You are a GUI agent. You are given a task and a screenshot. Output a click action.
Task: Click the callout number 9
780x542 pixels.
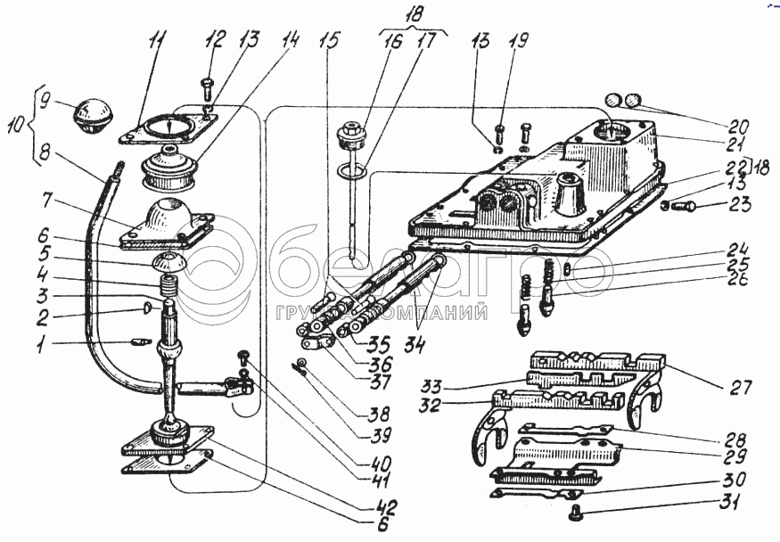tap(45, 103)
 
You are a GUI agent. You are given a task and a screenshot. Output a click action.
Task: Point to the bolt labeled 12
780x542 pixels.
tap(208, 88)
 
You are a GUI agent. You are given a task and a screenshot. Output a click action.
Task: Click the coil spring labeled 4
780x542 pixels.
tap(170, 285)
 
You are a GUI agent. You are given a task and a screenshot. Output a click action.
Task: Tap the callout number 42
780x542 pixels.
tap(387, 507)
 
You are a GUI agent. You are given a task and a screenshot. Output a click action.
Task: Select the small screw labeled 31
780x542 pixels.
tap(576, 511)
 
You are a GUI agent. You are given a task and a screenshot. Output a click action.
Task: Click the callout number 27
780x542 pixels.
tap(741, 387)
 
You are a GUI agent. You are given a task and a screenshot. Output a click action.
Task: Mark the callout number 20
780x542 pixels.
tap(738, 126)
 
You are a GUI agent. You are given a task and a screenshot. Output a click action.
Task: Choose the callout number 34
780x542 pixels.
tap(414, 344)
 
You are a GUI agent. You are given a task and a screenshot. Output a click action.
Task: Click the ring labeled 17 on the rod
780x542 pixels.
tap(353, 171)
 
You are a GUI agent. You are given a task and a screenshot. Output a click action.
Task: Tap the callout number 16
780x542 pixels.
tap(391, 42)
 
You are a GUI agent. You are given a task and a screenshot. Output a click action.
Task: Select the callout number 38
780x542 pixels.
tap(378, 414)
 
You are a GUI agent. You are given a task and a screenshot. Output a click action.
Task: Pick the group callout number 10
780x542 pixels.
tap(16, 126)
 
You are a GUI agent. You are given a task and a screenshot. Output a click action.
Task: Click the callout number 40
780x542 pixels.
tap(380, 463)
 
